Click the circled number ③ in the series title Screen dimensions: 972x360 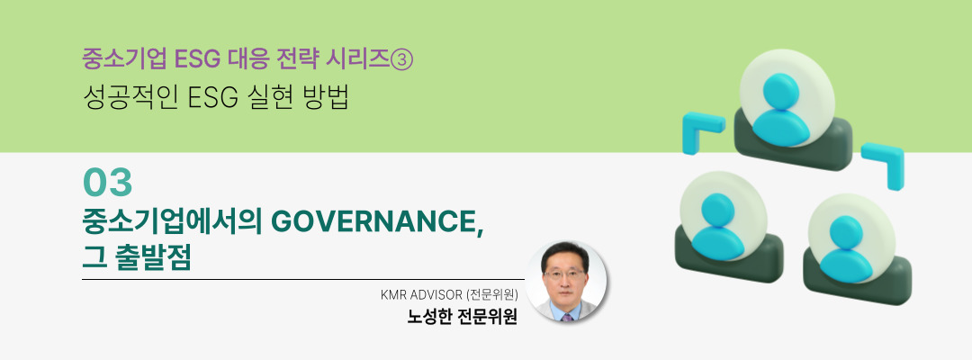(401, 60)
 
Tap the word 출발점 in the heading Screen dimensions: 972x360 (152, 257)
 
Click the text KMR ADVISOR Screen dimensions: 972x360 (419, 295)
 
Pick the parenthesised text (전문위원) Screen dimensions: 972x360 (490, 295)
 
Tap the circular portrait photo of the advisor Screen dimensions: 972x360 (566, 282)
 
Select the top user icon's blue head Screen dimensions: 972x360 (780, 91)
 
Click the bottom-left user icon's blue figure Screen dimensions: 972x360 (718, 226)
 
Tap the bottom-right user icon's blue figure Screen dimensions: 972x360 (846, 247)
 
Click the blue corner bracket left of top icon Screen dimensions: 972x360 (697, 130)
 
